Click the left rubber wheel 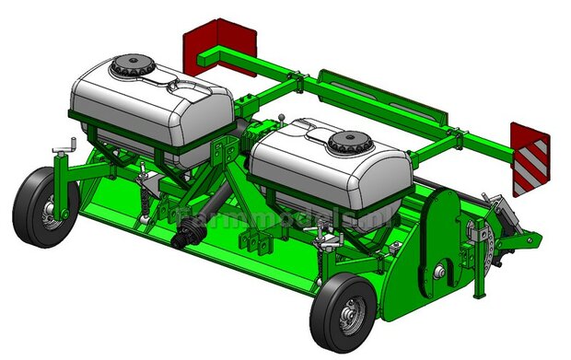36,207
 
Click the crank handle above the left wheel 64,145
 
